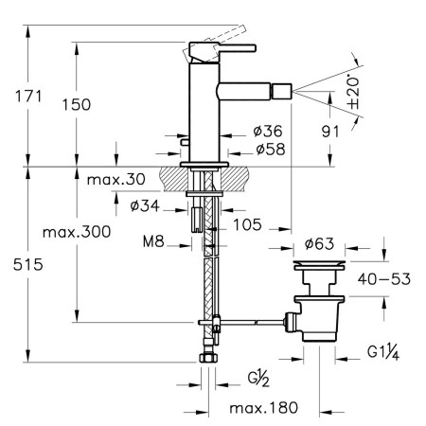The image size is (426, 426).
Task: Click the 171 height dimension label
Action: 28,97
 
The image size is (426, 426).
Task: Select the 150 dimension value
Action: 76,104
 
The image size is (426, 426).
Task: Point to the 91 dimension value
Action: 330,132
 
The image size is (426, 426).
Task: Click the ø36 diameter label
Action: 268,131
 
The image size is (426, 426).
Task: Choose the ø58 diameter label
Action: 271,149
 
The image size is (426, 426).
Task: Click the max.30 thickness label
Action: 115,180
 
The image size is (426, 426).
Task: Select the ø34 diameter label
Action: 145,206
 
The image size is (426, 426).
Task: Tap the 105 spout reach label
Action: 247,224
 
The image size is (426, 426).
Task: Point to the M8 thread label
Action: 153,241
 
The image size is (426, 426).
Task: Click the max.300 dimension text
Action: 77,232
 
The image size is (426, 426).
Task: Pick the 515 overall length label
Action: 28,264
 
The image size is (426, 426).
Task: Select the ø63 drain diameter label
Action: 319,243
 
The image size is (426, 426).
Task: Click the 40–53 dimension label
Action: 384,279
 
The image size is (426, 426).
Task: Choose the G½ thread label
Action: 258,379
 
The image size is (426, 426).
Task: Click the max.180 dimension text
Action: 264,408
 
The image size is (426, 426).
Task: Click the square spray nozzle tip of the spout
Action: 282,92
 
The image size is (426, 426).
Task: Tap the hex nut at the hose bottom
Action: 208,358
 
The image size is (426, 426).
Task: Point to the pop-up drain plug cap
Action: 319,265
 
